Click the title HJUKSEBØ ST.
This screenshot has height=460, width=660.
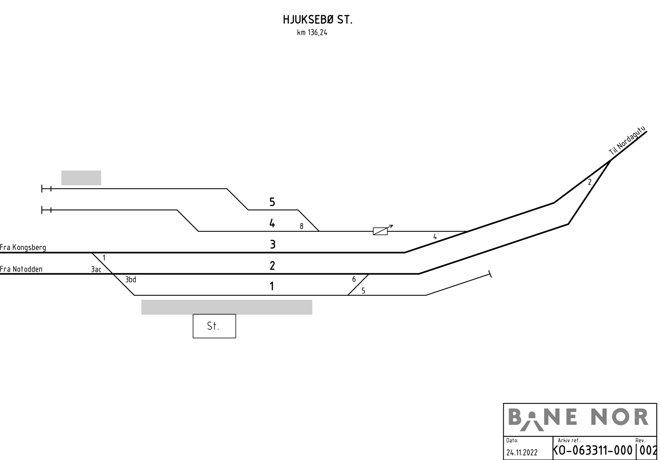(318, 20)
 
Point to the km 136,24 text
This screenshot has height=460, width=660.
(312, 33)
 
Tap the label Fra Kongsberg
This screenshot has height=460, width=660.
(23, 247)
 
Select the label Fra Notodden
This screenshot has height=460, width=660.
(21, 269)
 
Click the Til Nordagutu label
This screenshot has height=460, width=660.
(627, 141)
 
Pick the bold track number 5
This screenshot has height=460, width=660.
(272, 202)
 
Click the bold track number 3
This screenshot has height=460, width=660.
(273, 244)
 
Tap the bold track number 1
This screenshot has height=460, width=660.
(272, 286)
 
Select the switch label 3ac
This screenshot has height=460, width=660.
(96, 269)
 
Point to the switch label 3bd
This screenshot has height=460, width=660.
(130, 279)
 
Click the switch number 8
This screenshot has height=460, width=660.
(302, 226)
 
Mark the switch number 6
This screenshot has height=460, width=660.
(354, 279)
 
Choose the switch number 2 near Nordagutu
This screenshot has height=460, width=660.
(589, 182)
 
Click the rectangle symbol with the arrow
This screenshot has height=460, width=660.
(383, 230)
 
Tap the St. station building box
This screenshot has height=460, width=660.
(214, 326)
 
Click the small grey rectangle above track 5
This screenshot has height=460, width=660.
(81, 178)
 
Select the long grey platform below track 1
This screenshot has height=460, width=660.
(226, 307)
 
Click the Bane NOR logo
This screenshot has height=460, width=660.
(578, 419)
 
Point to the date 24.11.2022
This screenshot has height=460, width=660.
(522, 452)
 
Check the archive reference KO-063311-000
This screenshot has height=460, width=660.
(592, 451)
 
